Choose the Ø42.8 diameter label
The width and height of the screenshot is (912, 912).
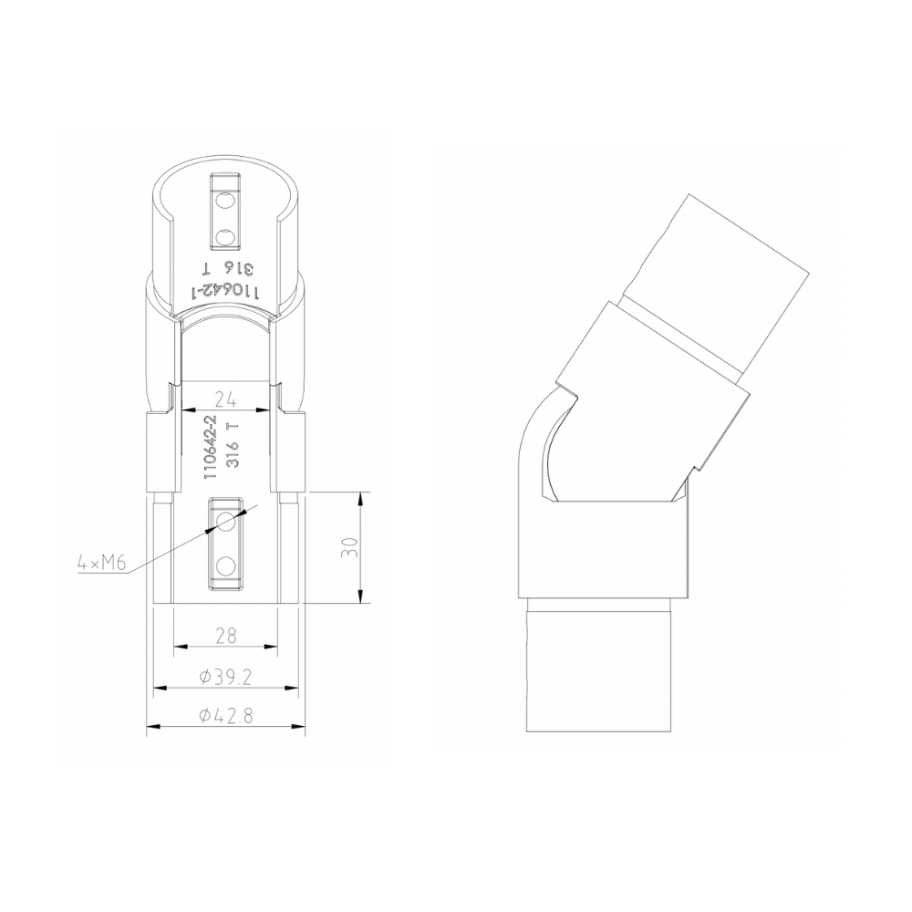[225, 716]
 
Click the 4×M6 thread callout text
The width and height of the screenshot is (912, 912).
[100, 564]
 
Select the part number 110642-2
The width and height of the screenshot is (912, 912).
[211, 447]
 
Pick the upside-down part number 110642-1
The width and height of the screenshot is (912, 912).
[224, 291]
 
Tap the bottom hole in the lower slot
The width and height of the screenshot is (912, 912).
[225, 566]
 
